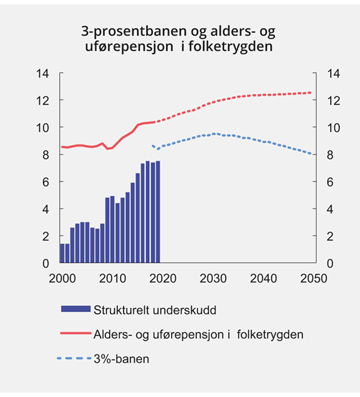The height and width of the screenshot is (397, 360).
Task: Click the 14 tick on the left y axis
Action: click(x=43, y=73)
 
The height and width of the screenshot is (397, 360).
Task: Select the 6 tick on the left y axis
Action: click(x=46, y=182)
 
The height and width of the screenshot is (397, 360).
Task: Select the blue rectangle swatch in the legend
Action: click(x=74, y=309)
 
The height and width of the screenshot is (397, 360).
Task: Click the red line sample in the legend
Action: click(x=74, y=334)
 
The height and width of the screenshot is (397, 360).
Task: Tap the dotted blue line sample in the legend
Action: click(x=74, y=358)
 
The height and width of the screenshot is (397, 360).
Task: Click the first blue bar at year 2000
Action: click(x=62, y=253)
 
